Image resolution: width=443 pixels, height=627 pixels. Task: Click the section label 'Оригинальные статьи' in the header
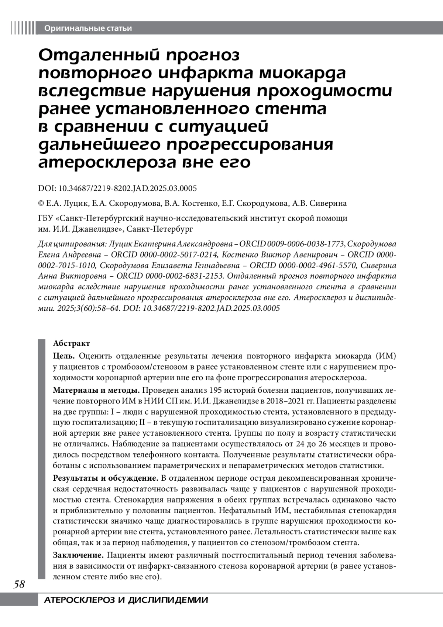(x=87, y=28)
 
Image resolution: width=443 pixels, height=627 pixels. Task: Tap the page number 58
(x=19, y=585)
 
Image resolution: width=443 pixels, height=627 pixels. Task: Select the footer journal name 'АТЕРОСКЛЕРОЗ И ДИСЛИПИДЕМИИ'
(x=126, y=600)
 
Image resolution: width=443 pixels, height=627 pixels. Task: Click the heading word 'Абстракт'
(x=71, y=344)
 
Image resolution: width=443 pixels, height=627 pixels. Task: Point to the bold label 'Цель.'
(x=64, y=356)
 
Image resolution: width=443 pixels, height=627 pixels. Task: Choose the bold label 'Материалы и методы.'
(x=96, y=390)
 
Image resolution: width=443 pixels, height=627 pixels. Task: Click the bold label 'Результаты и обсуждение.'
(x=106, y=478)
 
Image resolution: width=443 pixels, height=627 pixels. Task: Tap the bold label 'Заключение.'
(x=78, y=555)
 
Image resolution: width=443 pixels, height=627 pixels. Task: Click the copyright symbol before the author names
(x=41, y=204)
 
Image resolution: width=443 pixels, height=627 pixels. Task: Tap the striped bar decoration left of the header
(x=23, y=28)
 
